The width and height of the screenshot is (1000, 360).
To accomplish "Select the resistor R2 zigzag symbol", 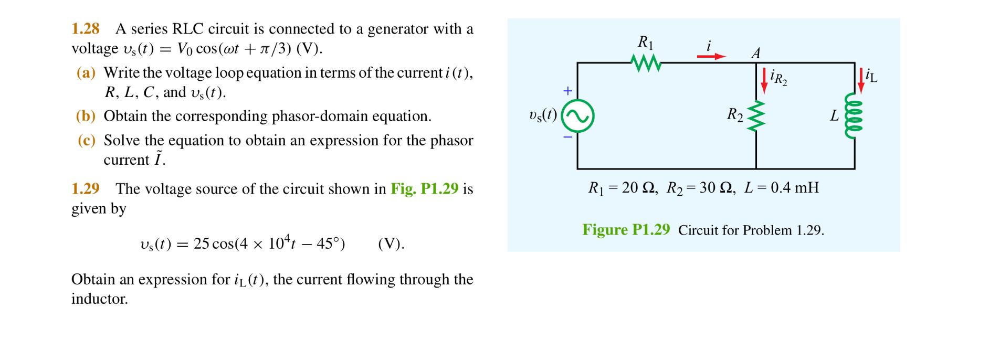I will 756,116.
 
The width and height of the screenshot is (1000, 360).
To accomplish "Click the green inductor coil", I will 854,115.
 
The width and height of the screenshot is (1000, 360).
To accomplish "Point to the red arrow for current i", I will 711,56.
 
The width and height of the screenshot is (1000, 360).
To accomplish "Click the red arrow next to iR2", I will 764,81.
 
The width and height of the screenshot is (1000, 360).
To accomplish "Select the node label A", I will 756,54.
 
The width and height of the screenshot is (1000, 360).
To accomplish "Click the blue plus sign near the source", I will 567,91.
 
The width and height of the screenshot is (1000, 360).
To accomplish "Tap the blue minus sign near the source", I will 567,137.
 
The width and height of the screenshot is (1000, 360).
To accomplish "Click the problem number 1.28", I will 86,29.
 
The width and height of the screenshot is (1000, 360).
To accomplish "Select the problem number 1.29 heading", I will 86,189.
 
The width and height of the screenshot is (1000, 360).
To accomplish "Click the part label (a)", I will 86,73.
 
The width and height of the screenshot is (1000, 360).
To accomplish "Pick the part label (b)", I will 86,117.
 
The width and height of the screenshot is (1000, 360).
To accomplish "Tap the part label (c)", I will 86,141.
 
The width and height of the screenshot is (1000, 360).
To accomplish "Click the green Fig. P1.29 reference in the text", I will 424,189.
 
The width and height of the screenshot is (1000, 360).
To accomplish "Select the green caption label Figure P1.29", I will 626,230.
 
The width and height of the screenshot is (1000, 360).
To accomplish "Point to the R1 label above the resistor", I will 645,43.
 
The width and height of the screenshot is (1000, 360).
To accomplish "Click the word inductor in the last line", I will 100,299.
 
